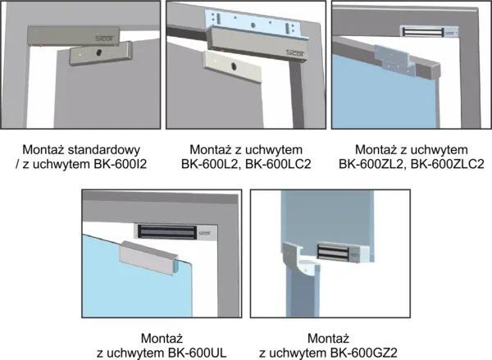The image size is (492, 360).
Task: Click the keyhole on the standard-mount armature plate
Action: [x=99, y=52]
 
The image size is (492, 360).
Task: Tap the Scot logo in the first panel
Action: [x=105, y=39]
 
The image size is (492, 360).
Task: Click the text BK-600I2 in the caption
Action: [x=121, y=164]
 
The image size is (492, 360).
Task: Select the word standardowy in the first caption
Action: [x=104, y=150]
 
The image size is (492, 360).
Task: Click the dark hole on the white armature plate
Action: [x=234, y=66]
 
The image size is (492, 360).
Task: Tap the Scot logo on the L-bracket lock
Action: [x=295, y=53]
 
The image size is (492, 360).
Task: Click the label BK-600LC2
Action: [x=278, y=164]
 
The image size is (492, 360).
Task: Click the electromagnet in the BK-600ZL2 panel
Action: [x=422, y=32]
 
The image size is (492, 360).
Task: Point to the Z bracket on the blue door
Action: [x=394, y=60]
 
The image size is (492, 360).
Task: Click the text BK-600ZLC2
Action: [x=448, y=164]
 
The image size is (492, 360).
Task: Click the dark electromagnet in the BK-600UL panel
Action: [x=167, y=232]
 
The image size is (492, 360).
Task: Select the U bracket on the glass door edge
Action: [x=148, y=257]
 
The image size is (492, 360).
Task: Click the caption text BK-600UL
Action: [x=197, y=353]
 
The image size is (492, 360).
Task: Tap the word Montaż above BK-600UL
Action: [x=162, y=339]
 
